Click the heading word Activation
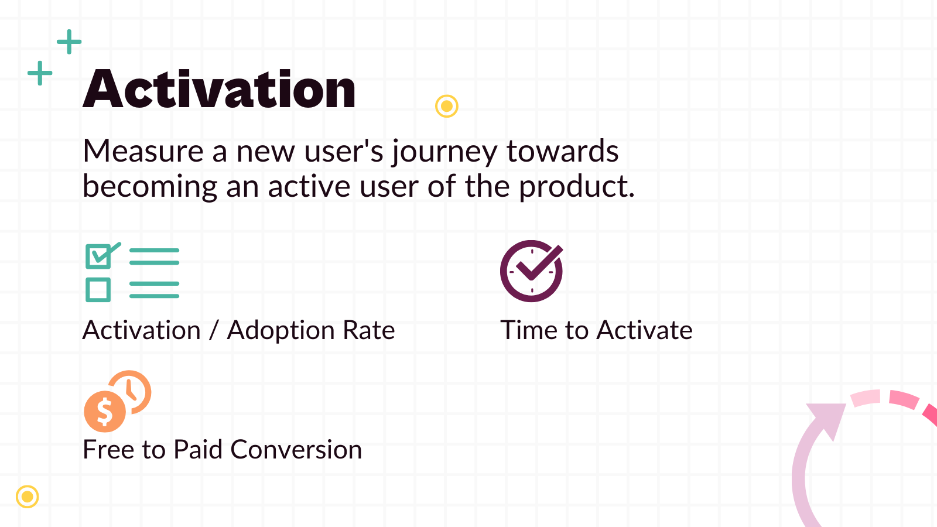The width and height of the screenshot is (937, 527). click(x=219, y=90)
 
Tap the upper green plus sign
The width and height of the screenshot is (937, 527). click(x=69, y=42)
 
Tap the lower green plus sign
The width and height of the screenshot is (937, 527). click(x=40, y=73)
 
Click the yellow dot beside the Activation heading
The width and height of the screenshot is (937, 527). click(x=447, y=106)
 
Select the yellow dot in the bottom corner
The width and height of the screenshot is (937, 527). click(x=27, y=497)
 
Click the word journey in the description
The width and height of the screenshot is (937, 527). click(x=444, y=152)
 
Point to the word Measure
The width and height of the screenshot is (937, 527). click(x=143, y=151)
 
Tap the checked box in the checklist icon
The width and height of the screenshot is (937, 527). click(x=98, y=256)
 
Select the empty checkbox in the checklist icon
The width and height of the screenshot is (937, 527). click(x=98, y=290)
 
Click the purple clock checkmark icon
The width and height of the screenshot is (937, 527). click(x=531, y=271)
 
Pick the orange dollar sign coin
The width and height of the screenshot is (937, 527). click(x=105, y=411)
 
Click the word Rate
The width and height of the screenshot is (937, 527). click(x=369, y=330)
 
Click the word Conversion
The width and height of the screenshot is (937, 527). click(x=296, y=450)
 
